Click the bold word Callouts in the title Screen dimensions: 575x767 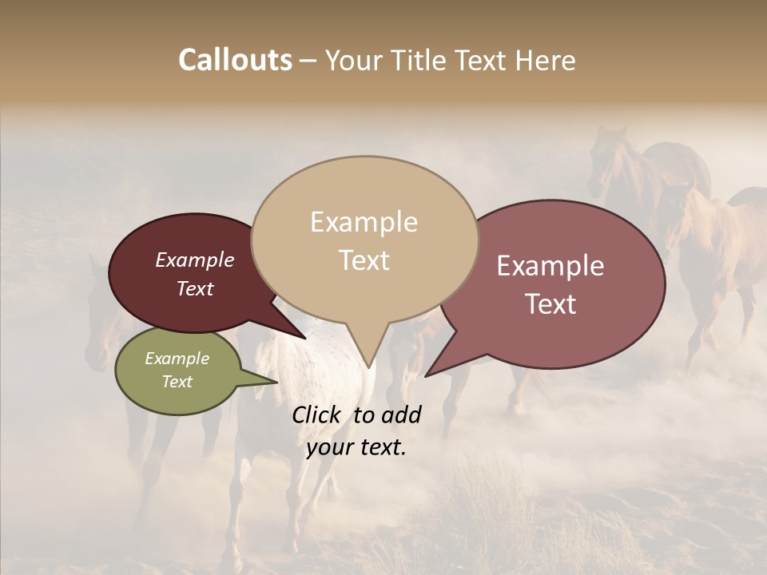pos(235,60)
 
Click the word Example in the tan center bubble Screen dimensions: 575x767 pos(364,222)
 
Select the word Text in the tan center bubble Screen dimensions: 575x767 pos(364,260)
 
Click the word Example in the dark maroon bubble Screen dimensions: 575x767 pos(194,260)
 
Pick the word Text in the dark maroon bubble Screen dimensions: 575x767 pos(194,289)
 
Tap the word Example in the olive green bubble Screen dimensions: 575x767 pos(177,359)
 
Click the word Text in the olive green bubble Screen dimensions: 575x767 pos(177,382)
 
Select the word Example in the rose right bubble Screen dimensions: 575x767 pos(550,266)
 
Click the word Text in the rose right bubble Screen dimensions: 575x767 pos(550,304)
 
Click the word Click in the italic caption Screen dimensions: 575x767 pos(318,414)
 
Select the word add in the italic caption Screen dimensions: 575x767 pos(401,414)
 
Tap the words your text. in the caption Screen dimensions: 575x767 pos(356,447)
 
